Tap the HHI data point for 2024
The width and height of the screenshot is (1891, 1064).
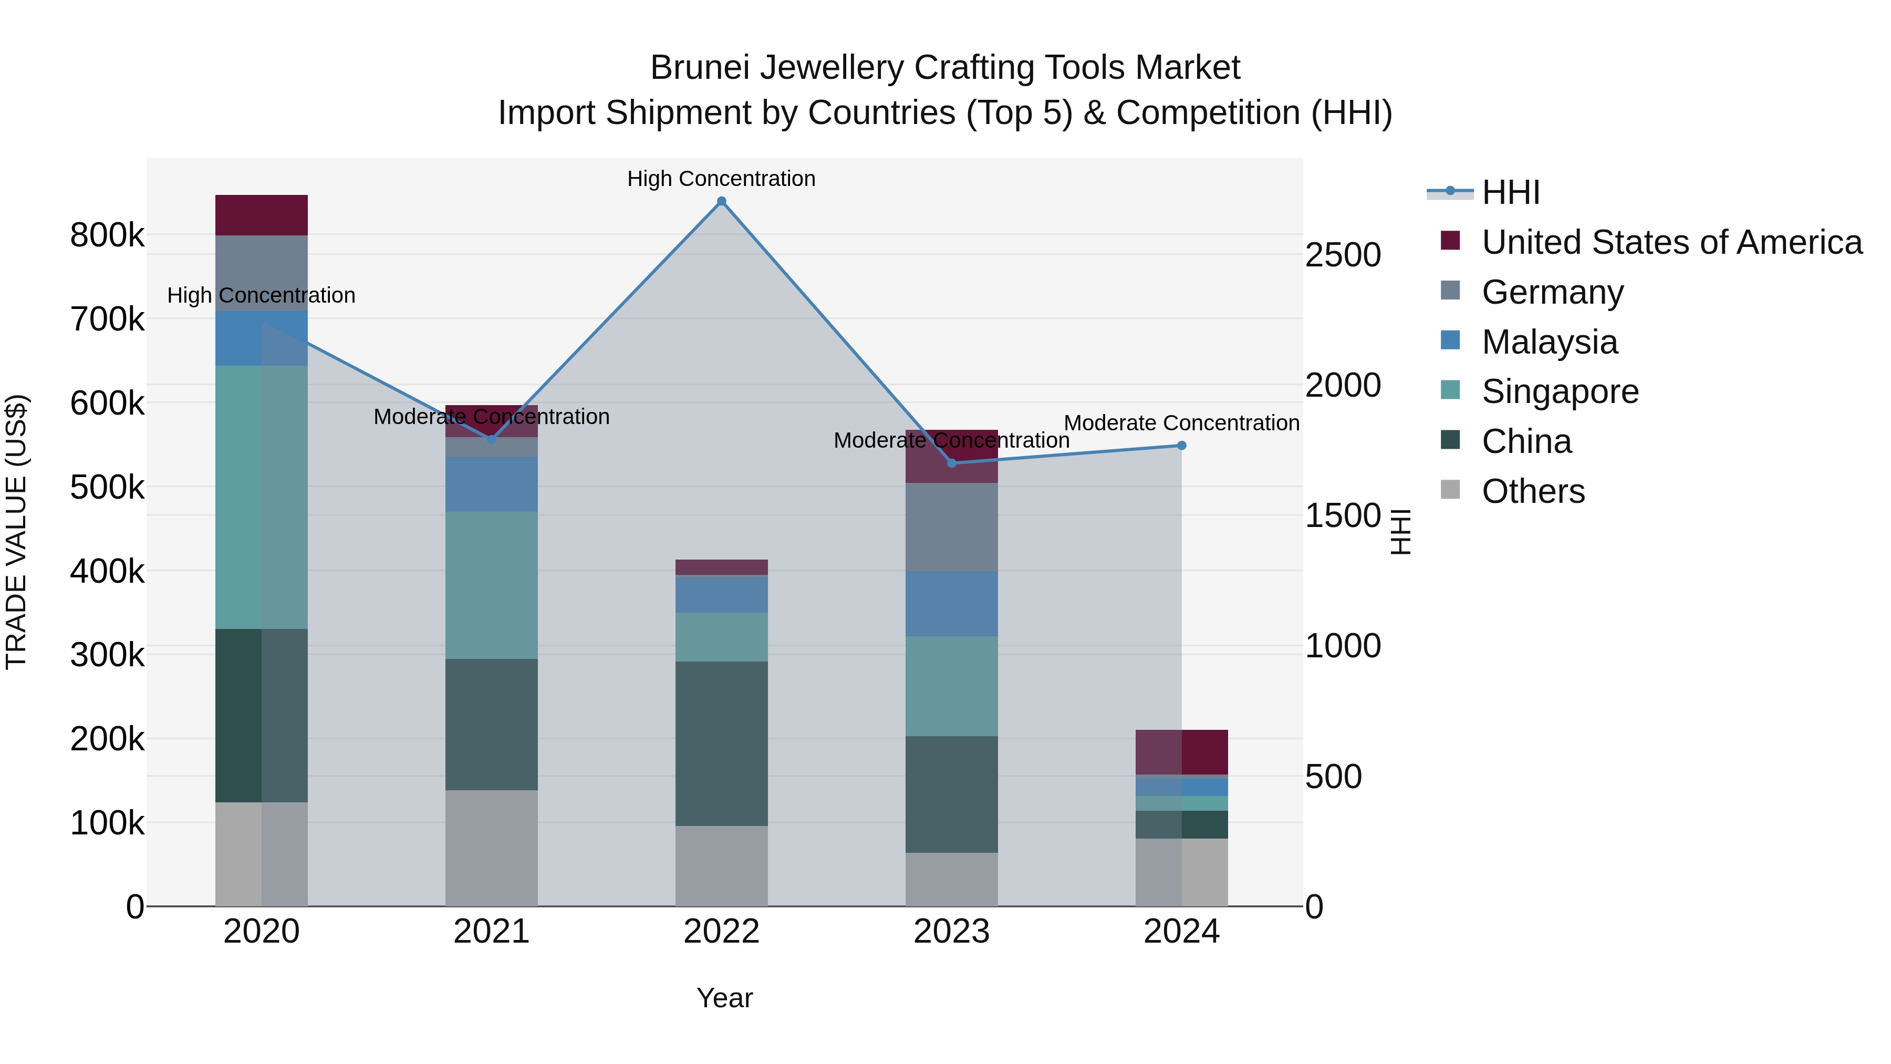1181,446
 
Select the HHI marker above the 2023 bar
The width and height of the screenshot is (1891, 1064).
951,463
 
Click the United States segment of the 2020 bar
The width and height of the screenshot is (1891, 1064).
262,215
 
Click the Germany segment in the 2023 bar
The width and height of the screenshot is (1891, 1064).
951,526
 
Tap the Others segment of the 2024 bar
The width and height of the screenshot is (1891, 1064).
1181,872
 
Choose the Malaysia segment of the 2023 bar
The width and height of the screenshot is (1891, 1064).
951,604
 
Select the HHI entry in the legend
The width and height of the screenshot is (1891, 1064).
1510,192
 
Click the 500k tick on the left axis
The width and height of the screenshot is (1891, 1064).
107,487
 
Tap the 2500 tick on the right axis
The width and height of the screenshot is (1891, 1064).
1343,255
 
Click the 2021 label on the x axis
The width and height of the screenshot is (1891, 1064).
491,932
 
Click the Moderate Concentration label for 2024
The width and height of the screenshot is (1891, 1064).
1181,423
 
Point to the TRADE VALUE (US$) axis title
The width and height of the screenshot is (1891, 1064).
16,532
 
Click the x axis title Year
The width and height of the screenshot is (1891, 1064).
724,998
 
